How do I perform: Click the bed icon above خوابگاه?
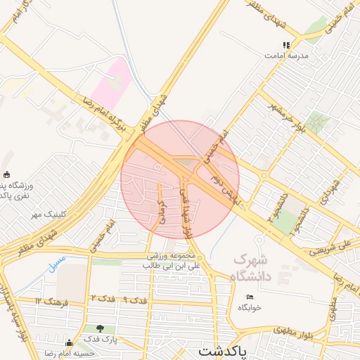point(250,297)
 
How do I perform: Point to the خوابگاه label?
point(250,307)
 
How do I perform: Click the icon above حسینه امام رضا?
point(68,344)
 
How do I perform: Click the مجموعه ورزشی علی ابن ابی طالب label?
point(173,261)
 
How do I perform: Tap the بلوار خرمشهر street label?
point(286,117)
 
